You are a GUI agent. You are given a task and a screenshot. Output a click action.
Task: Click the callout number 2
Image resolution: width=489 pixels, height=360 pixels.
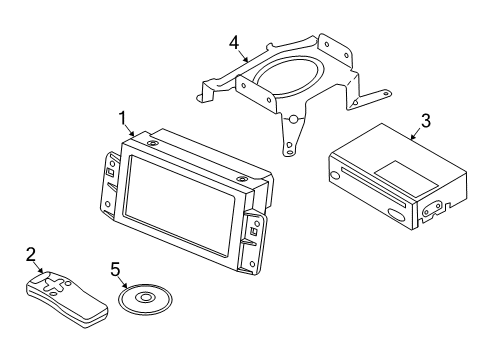tap(30, 255)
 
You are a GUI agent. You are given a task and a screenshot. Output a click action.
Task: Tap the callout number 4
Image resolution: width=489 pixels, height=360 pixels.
tap(233, 43)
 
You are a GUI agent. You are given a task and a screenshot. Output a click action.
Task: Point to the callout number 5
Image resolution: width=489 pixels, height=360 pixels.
tap(116, 269)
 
